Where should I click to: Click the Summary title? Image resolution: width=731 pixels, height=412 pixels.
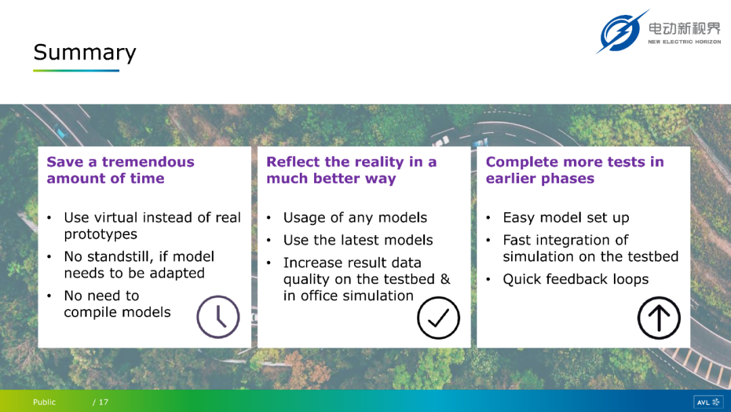tap(85, 53)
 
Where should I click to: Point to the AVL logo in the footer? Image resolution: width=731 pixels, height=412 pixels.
tap(708, 402)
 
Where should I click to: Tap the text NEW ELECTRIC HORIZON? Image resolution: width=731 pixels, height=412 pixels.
tap(684, 41)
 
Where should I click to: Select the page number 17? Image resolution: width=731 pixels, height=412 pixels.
tap(104, 402)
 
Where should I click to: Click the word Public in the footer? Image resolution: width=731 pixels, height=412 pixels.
tap(44, 402)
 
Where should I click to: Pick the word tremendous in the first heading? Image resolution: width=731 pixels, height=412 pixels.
tap(148, 162)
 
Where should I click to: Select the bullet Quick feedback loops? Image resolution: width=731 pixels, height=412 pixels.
tap(575, 279)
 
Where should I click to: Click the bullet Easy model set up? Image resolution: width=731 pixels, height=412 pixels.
tap(566, 218)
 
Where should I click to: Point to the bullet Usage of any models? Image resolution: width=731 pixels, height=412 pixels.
tap(355, 218)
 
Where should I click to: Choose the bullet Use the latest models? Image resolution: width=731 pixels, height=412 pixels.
tap(358, 240)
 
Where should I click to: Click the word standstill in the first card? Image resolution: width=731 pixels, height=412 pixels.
tap(121, 256)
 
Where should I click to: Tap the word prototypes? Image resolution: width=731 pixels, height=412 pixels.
tap(101, 234)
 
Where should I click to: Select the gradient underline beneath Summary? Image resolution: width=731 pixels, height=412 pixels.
tap(76, 70)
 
